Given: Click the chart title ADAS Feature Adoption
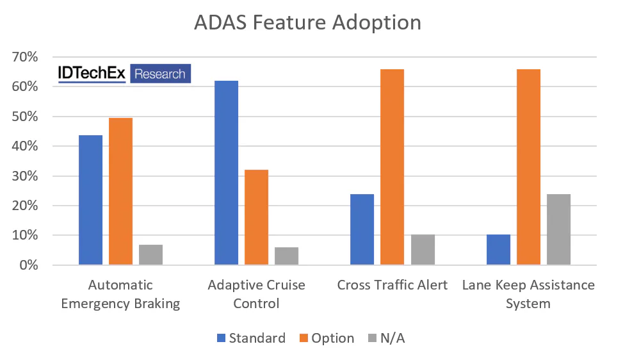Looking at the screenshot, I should (308, 22).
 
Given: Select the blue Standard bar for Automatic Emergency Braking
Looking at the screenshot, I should (90, 200).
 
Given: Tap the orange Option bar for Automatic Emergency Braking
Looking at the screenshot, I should (120, 192).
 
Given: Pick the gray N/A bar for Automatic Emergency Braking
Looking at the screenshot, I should (150, 254).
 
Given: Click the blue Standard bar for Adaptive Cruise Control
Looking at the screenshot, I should (226, 173).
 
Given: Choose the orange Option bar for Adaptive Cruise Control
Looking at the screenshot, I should (256, 217).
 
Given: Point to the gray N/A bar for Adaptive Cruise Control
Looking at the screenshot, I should (286, 256).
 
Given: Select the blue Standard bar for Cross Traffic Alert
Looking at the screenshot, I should (362, 229).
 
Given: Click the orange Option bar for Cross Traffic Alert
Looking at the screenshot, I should (392, 167).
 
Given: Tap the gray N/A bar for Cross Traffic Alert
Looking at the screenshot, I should (423, 250).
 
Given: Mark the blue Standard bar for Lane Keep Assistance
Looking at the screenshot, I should (498, 250).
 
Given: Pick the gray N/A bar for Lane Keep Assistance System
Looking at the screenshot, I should (558, 229).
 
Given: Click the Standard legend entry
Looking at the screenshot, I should (250, 338).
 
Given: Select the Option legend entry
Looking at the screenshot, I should (325, 338).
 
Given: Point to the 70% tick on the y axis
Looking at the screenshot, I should (25, 57).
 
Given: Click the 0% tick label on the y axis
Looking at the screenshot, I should (28, 265).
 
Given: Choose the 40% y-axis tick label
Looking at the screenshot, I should (25, 146).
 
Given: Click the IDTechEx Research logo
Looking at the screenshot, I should (124, 74).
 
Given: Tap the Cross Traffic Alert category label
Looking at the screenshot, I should (392, 285).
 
